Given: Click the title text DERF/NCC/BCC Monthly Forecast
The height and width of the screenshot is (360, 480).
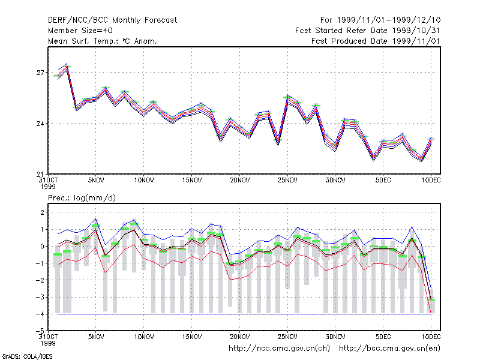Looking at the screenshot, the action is click(x=112, y=20).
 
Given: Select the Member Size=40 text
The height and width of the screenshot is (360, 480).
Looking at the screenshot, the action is click(x=80, y=31).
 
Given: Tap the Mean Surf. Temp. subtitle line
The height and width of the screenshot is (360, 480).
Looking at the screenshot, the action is click(x=103, y=41).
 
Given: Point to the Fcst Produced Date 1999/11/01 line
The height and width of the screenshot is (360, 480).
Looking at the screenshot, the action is click(x=376, y=41).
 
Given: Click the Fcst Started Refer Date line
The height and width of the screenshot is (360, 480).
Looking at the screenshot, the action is click(x=367, y=31).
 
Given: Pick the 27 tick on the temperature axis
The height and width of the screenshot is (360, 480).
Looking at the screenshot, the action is click(x=40, y=73).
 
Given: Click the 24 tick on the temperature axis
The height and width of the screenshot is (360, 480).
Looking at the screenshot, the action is click(x=40, y=124).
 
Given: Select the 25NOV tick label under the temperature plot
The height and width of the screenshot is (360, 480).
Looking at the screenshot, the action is click(x=287, y=181).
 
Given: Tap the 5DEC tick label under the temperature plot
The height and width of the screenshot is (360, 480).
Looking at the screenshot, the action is click(x=383, y=181).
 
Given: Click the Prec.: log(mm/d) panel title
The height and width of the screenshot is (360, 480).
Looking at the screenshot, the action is click(x=82, y=198).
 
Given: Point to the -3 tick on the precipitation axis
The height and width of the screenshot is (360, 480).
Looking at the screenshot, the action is click(x=39, y=297).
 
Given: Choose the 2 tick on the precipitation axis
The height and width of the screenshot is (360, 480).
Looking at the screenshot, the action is click(x=42, y=212).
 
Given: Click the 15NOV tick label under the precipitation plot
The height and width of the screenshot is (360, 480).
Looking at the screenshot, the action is click(x=192, y=337).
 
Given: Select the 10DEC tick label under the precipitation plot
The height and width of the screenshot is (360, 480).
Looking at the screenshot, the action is click(x=431, y=337).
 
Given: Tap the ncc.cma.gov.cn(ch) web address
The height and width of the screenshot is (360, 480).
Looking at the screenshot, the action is click(x=279, y=349).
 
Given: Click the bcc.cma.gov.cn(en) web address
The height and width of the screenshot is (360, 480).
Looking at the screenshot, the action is click(x=389, y=349).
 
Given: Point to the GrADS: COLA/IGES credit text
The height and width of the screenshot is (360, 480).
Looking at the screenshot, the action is click(x=27, y=356).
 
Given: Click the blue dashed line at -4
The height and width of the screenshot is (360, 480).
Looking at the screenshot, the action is click(x=244, y=314).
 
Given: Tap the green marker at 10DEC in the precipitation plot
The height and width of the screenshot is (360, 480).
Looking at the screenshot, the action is click(x=431, y=299).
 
